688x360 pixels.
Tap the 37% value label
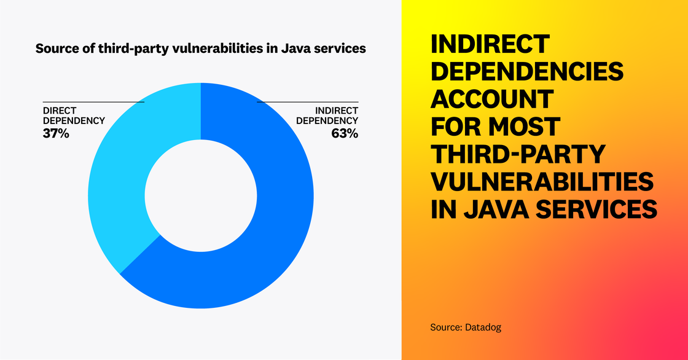55,132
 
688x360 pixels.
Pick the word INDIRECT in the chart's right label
336,110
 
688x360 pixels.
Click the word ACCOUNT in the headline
492,99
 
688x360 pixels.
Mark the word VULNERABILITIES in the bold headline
541,182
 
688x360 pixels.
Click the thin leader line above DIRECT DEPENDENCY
92,102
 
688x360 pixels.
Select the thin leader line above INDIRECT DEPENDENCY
307,102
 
